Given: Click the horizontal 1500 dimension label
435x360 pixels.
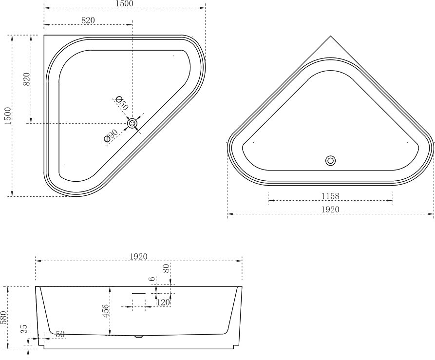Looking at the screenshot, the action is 124,3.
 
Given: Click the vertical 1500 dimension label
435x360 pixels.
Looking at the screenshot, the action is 8,115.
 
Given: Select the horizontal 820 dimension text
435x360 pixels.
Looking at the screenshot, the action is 88,20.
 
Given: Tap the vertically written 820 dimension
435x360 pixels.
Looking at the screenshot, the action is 27,79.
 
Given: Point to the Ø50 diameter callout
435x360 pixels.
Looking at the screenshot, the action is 122,103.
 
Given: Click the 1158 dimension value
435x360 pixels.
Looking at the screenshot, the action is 330,196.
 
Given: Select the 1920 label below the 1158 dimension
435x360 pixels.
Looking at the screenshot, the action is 330,209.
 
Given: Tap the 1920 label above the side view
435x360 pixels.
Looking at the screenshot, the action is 138,257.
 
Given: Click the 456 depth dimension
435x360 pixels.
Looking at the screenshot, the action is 106,311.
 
